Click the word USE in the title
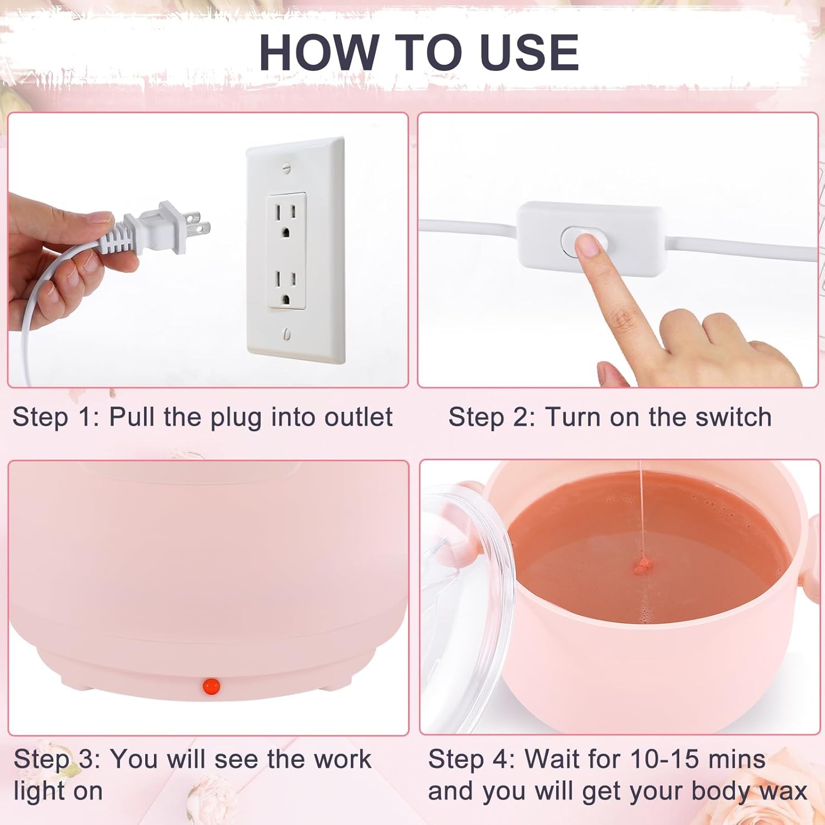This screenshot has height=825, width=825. coord(529,52)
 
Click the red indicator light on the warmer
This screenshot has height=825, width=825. coord(211,685)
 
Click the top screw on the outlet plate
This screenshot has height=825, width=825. coord(285,168)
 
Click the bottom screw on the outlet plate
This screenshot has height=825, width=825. coord(287,334)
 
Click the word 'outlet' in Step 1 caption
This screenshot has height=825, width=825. coord(358,417)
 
